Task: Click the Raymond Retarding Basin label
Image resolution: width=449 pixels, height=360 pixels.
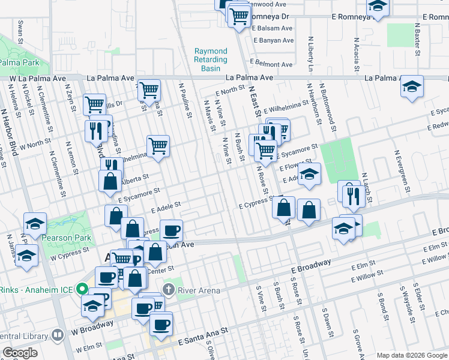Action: (x=211, y=60)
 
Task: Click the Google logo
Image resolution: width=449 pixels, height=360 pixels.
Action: (x=20, y=353)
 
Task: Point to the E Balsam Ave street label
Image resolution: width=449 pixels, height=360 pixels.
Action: (x=273, y=28)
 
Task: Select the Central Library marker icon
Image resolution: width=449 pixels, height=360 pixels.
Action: (x=58, y=334)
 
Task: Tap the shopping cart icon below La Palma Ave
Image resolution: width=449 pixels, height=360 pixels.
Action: (x=149, y=91)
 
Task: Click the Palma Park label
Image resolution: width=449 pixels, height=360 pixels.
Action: (x=19, y=62)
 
